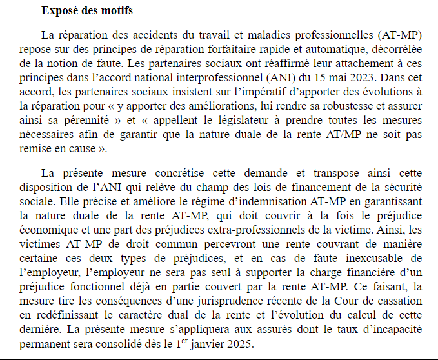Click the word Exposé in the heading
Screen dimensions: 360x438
point(59,11)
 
